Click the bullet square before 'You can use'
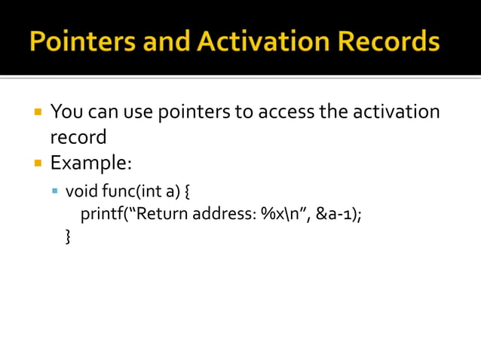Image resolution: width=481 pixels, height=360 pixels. (x=36, y=113)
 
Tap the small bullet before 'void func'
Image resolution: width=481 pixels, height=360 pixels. (x=55, y=189)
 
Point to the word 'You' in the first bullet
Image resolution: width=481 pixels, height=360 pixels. (x=66, y=113)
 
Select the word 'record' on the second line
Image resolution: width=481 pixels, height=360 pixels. (x=78, y=138)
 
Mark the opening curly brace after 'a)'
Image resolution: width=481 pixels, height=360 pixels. (x=187, y=189)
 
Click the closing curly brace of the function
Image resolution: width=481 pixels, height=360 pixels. (x=69, y=237)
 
